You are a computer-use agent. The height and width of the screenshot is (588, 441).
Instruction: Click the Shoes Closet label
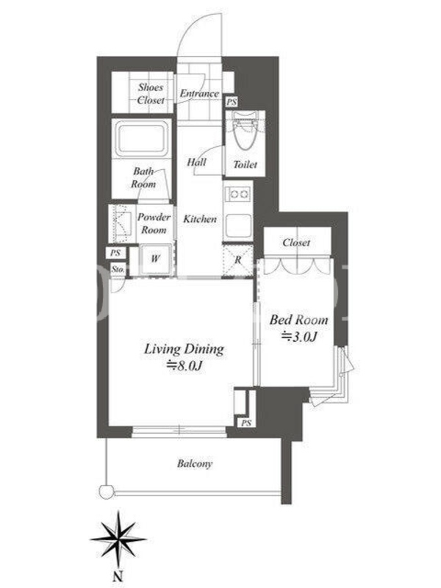tap(151, 93)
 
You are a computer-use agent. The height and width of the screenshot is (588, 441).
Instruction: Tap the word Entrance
tap(199, 93)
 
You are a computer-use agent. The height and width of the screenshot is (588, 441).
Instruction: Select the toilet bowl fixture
tap(244, 132)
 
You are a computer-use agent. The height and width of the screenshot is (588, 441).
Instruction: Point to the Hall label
tap(196, 162)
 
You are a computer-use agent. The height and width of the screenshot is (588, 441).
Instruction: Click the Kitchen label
tap(199, 218)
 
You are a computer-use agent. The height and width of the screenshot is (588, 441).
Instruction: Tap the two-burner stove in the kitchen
tap(238, 194)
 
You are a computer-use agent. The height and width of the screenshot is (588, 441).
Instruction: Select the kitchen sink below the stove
tap(238, 224)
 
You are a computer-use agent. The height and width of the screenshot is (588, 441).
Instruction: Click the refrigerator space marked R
tap(237, 260)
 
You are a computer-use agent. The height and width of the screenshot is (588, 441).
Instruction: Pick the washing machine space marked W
tap(156, 259)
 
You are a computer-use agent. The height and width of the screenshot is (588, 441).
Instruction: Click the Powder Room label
tap(154, 223)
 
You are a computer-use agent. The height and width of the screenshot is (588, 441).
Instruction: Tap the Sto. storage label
tap(118, 269)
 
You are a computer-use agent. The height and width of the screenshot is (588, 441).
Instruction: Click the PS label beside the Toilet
tap(232, 101)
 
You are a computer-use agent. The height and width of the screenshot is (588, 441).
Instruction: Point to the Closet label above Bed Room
tap(296, 243)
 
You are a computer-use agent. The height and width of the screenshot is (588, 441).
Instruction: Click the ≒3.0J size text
tap(299, 337)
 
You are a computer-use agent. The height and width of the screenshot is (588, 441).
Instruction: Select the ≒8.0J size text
tap(184, 365)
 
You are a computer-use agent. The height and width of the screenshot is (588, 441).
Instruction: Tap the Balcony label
tap(195, 464)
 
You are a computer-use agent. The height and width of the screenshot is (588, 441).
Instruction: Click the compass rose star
tap(118, 539)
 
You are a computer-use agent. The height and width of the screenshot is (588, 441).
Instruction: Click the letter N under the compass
tap(118, 576)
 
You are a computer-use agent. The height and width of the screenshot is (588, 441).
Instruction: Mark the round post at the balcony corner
tap(106, 492)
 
